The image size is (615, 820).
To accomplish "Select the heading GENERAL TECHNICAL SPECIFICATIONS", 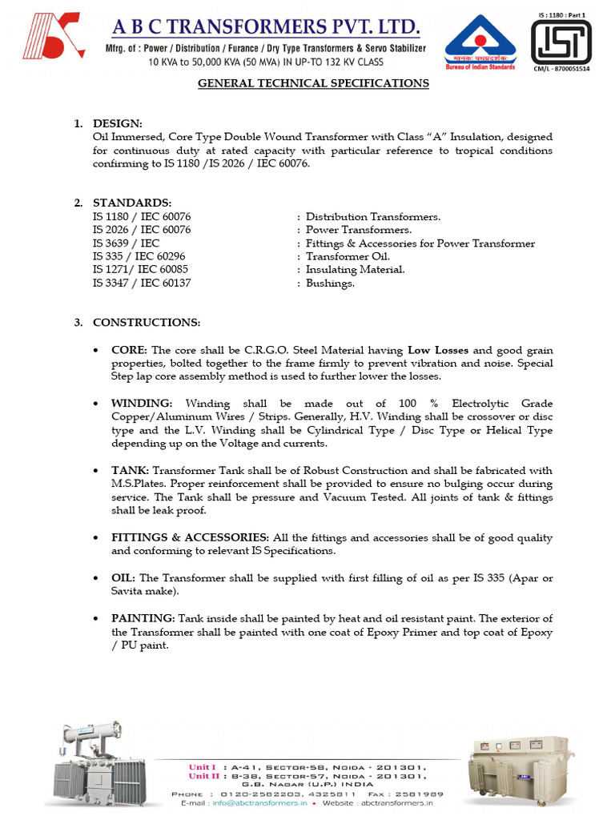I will pyautogui.click(x=313, y=83).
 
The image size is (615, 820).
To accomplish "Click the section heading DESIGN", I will pyautogui.click(x=118, y=123).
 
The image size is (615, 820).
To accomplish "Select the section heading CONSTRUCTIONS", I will pyautogui.click(x=147, y=323).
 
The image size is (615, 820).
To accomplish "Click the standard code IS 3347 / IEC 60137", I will pyautogui.click(x=142, y=283).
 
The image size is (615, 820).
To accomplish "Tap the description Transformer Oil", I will pyautogui.click(x=348, y=256).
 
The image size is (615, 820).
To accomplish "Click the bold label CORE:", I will pyautogui.click(x=130, y=351).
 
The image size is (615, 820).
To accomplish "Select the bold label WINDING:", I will pyautogui.click(x=142, y=404).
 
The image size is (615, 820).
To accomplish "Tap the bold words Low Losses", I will pyautogui.click(x=438, y=351).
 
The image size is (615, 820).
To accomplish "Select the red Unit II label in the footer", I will pyautogui.click(x=203, y=776).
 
